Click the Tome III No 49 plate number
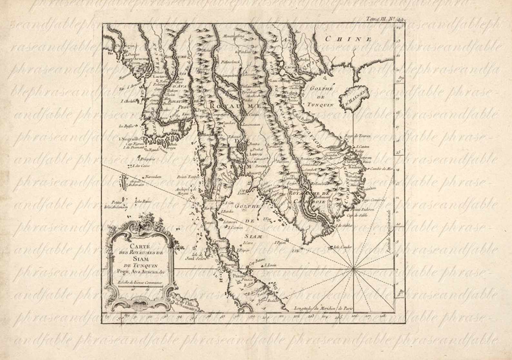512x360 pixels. coord(385,19)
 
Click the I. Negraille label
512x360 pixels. coord(128,139)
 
